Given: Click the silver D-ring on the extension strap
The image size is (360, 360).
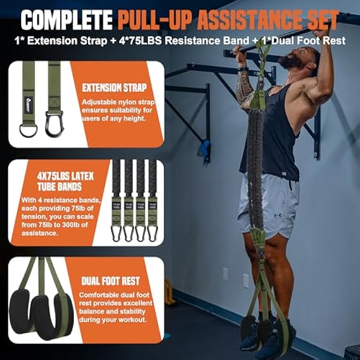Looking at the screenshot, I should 28,130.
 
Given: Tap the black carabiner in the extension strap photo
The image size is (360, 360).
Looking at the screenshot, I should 54,124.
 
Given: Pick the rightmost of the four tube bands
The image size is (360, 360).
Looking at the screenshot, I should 152,199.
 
